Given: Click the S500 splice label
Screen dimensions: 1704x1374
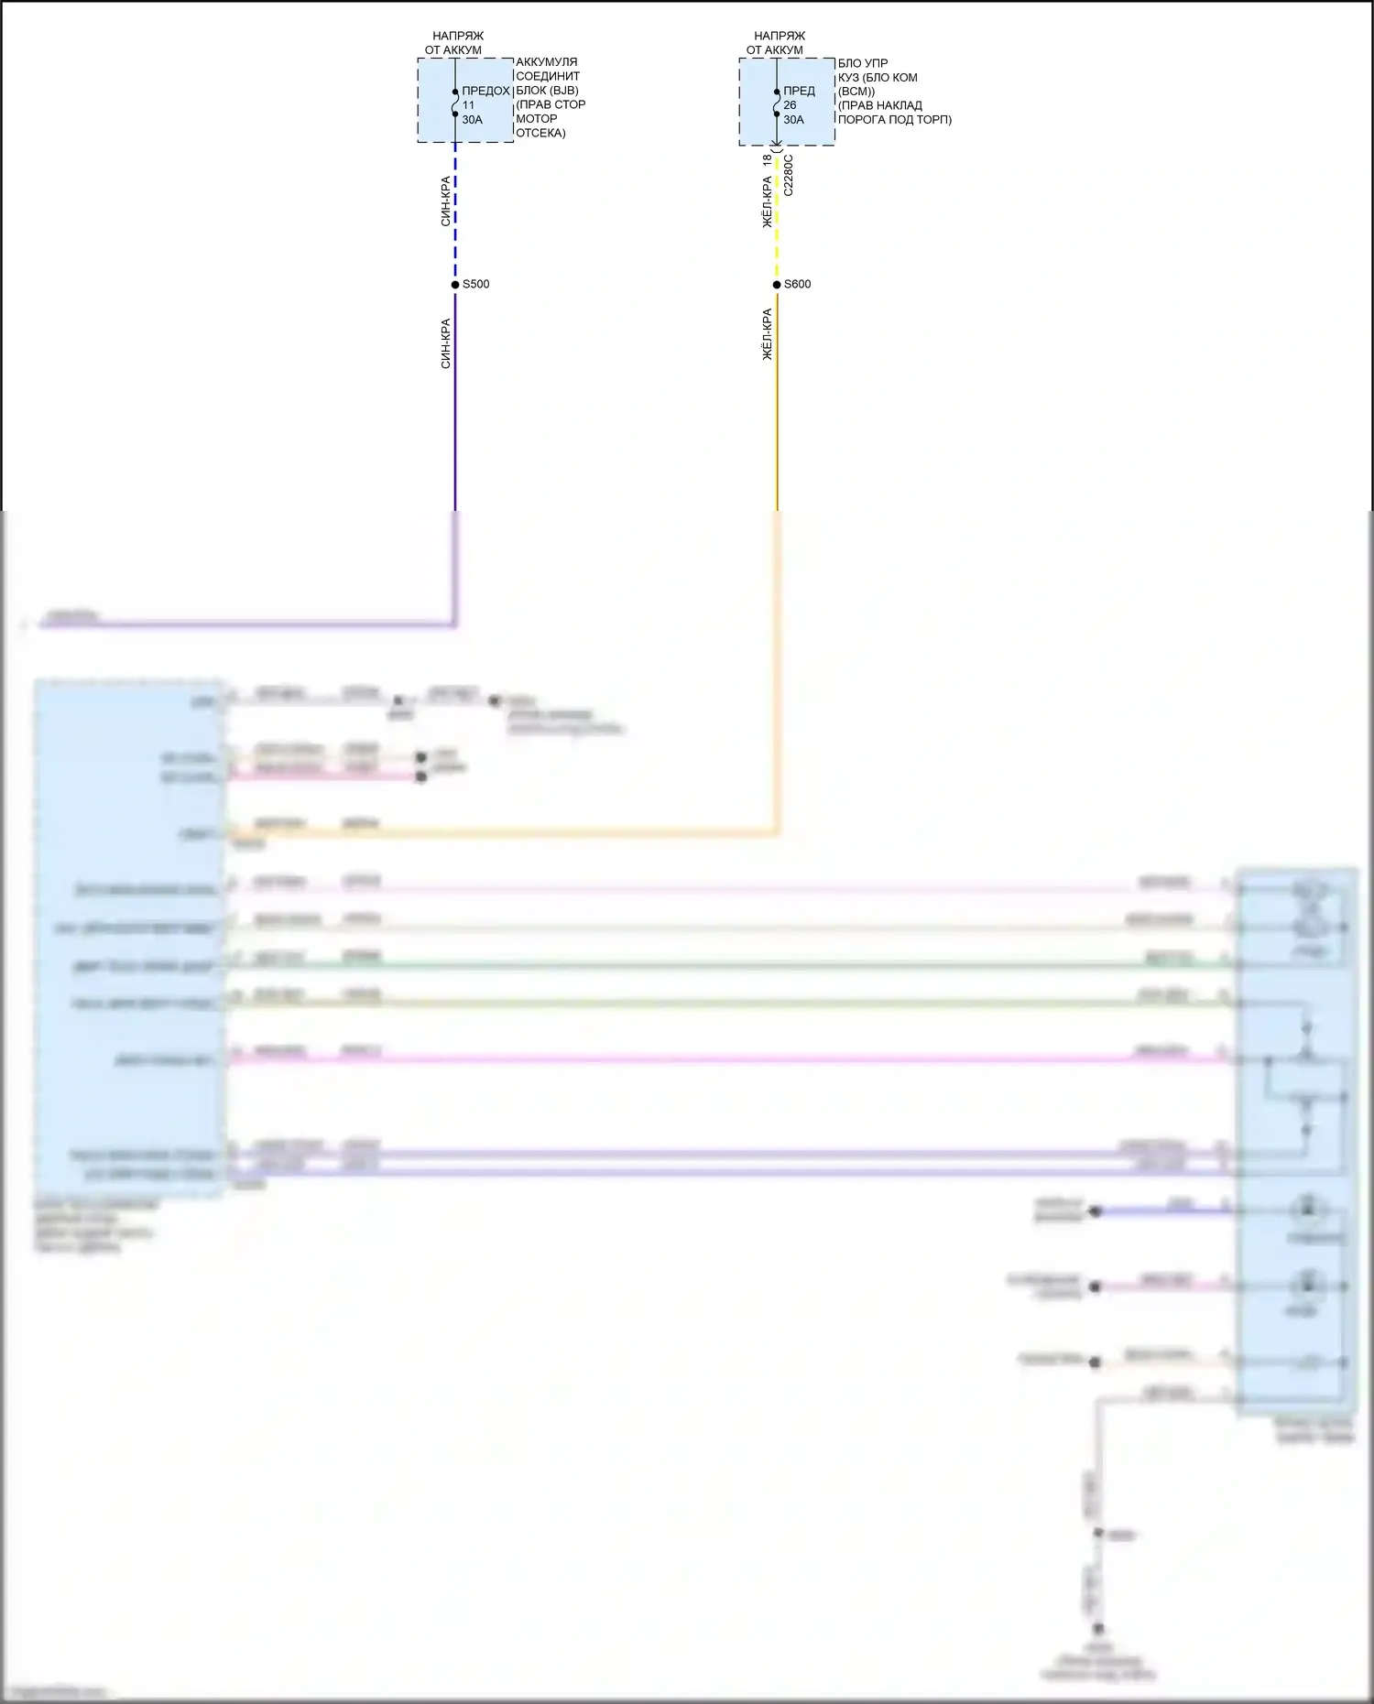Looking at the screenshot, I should (475, 285).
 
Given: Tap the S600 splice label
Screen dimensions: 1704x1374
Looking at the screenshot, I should (797, 285).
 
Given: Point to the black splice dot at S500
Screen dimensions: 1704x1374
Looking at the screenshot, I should (455, 285).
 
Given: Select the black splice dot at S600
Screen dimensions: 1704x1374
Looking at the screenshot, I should (777, 285).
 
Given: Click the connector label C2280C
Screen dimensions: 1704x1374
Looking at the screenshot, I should (789, 175).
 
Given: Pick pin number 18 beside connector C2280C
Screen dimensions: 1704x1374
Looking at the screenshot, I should (767, 159).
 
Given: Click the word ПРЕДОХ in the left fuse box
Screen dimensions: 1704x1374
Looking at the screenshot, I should (485, 91).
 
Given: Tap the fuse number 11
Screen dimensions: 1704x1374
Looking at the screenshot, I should (468, 105).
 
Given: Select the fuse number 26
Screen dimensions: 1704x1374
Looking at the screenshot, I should (790, 105).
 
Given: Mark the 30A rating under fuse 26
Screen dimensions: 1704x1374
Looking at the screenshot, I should (793, 120).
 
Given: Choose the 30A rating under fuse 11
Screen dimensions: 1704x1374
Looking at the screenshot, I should (472, 120).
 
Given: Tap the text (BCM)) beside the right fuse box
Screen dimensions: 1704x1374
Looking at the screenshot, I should (856, 92).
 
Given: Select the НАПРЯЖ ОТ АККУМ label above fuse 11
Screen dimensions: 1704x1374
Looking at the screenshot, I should (455, 43).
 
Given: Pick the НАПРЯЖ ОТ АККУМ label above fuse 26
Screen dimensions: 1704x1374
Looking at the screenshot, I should (777, 43).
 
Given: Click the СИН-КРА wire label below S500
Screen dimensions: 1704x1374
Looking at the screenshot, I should (446, 343).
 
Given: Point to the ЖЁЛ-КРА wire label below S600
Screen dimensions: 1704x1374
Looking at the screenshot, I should (768, 334).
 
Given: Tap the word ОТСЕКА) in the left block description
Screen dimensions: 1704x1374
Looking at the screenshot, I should (540, 133).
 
